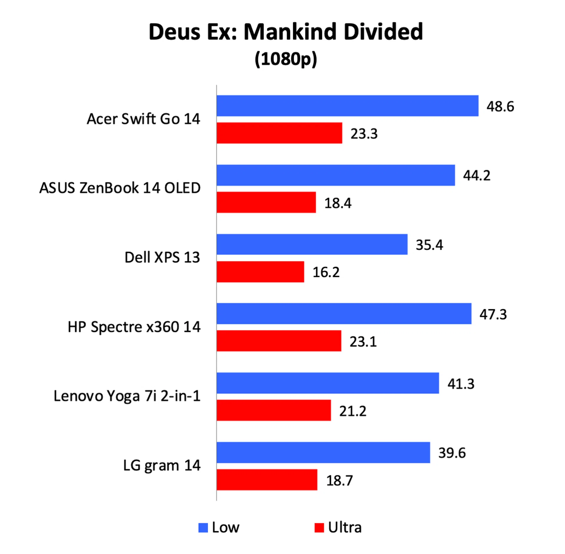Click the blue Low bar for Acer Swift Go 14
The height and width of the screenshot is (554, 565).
click(x=347, y=106)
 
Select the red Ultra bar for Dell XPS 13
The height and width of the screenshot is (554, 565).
click(x=260, y=272)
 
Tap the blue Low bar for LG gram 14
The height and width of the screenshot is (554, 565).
click(x=323, y=453)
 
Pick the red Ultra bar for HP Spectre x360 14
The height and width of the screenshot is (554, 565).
click(x=279, y=341)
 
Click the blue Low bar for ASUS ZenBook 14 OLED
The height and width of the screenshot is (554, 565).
click(x=335, y=175)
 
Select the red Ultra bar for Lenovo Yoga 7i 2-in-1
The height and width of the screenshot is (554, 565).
click(x=274, y=410)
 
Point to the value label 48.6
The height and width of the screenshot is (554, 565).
click(x=500, y=106)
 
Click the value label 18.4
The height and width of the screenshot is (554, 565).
click(x=338, y=203)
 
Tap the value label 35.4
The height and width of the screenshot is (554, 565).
click(x=429, y=245)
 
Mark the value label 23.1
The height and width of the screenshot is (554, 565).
click(x=363, y=342)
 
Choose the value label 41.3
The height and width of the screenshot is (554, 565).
click(x=461, y=384)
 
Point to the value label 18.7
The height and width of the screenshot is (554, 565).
click(x=339, y=481)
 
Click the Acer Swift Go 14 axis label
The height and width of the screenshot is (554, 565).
click(x=143, y=119)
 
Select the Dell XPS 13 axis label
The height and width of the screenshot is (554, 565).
click(x=162, y=257)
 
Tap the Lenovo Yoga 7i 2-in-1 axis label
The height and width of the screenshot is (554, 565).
click(x=127, y=396)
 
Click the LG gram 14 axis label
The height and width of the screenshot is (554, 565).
click(x=162, y=466)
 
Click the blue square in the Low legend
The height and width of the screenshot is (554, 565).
click(x=203, y=528)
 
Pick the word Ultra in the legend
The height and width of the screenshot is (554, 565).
click(x=345, y=528)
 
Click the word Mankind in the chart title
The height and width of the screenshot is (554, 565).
click(x=290, y=32)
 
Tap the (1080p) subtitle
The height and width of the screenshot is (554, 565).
click(x=285, y=59)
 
